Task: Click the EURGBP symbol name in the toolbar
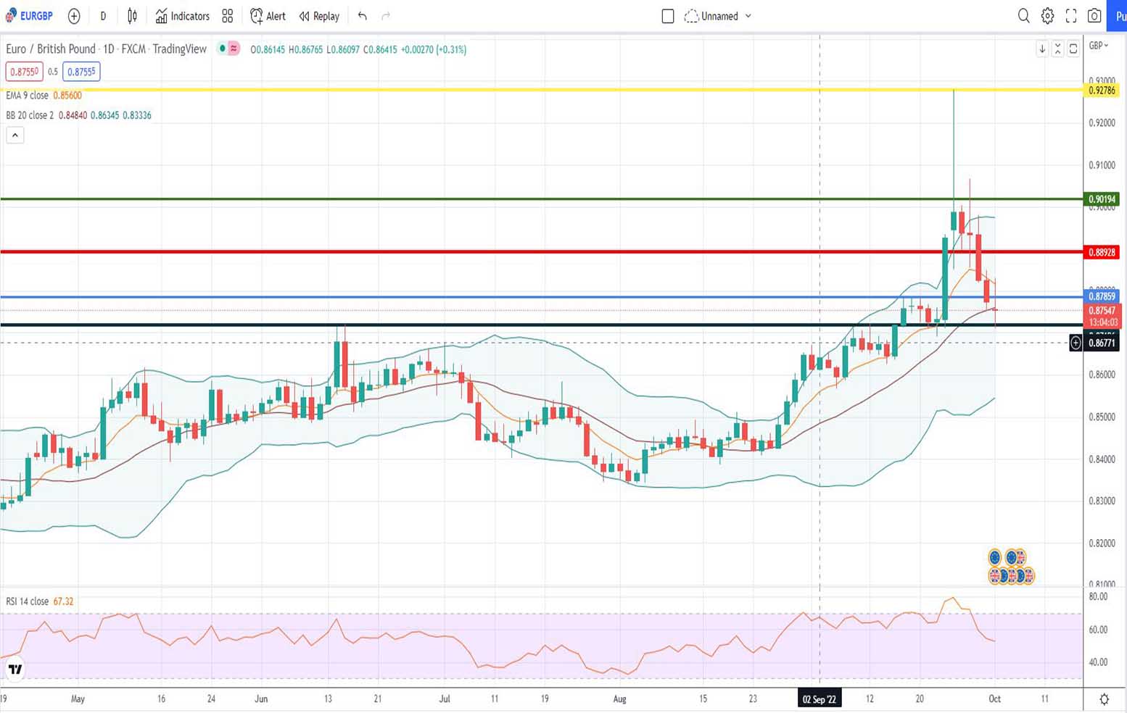pyautogui.click(x=36, y=16)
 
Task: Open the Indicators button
pyautogui.click(x=183, y=16)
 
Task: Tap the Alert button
pyautogui.click(x=268, y=16)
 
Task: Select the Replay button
pyautogui.click(x=319, y=16)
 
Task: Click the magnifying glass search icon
pyautogui.click(x=1023, y=16)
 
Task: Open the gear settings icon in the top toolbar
pyautogui.click(x=1047, y=16)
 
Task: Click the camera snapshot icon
pyautogui.click(x=1094, y=16)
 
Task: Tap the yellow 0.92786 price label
pyautogui.click(x=1102, y=91)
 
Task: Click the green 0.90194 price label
pyautogui.click(x=1102, y=199)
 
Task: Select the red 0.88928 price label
pyautogui.click(x=1102, y=252)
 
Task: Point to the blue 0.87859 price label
pyautogui.click(x=1102, y=296)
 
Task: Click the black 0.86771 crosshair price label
pyautogui.click(x=1102, y=343)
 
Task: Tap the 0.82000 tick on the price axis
pyautogui.click(x=1102, y=543)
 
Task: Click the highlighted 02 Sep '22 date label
pyautogui.click(x=820, y=699)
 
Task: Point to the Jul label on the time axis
pyautogui.click(x=445, y=699)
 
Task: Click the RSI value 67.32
pyautogui.click(x=63, y=601)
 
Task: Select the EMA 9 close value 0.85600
pyautogui.click(x=67, y=96)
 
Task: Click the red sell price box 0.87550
pyautogui.click(x=25, y=72)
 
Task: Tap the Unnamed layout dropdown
pyautogui.click(x=719, y=16)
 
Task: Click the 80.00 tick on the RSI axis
pyautogui.click(x=1098, y=597)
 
